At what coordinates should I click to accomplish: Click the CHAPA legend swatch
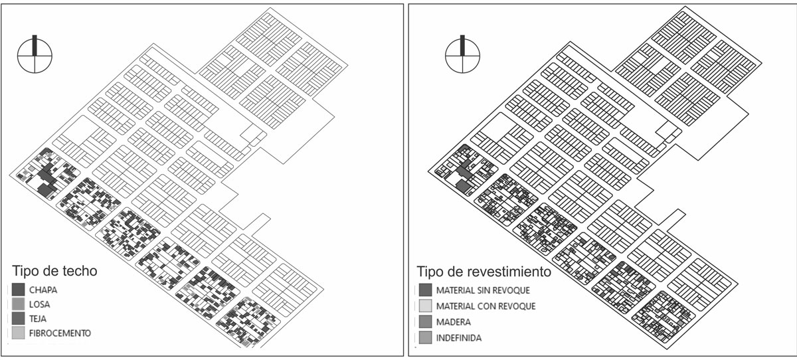pyautogui.click(x=19, y=290)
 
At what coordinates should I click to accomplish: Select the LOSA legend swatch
pyautogui.click(x=19, y=305)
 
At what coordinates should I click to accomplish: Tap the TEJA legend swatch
pyautogui.click(x=19, y=319)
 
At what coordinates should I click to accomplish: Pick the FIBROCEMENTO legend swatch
pyautogui.click(x=19, y=333)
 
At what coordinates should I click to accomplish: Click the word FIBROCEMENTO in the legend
pyautogui.click(x=60, y=333)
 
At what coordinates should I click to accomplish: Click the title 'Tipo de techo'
pyautogui.click(x=55, y=272)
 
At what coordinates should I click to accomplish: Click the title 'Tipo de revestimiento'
pyautogui.click(x=484, y=272)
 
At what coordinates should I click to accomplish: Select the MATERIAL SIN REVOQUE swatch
pyautogui.click(x=424, y=290)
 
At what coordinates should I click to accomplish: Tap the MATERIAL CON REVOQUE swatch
pyautogui.click(x=424, y=306)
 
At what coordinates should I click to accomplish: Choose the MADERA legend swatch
pyautogui.click(x=424, y=322)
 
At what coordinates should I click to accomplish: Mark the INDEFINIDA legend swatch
pyautogui.click(x=424, y=338)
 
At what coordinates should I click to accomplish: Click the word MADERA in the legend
pyautogui.click(x=453, y=322)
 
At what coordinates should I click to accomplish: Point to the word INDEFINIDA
pyautogui.click(x=459, y=338)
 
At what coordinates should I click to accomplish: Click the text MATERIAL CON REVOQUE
pyautogui.click(x=486, y=306)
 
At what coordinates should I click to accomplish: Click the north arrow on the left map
pyautogui.click(x=35, y=53)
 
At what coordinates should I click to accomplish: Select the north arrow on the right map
pyautogui.click(x=462, y=53)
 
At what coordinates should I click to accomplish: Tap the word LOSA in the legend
pyautogui.click(x=40, y=305)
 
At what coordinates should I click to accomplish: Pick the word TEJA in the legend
pyautogui.click(x=39, y=319)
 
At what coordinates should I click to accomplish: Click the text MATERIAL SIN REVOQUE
pyautogui.click(x=483, y=290)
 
